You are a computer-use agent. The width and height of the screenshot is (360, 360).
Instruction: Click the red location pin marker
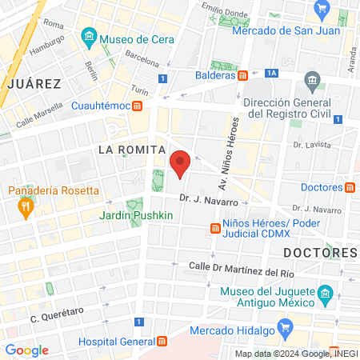coord(180,163)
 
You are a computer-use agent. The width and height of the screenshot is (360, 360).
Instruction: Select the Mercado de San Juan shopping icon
coord(323,10)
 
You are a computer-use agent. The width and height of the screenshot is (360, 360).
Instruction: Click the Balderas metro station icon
coord(242,76)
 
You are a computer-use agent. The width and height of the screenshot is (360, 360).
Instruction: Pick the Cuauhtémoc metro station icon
coord(138,105)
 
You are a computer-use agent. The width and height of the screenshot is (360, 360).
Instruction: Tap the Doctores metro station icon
coord(350,188)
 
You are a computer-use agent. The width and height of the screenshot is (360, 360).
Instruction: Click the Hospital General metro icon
coord(162,342)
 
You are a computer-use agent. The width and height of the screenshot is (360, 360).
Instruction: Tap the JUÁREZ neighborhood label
coord(32,83)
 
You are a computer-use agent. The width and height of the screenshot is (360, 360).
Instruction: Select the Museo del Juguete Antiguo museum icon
coord(325,294)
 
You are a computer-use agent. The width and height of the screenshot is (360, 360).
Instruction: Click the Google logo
coord(26,350)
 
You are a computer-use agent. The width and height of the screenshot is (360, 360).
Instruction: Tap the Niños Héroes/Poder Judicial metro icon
coord(214,229)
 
